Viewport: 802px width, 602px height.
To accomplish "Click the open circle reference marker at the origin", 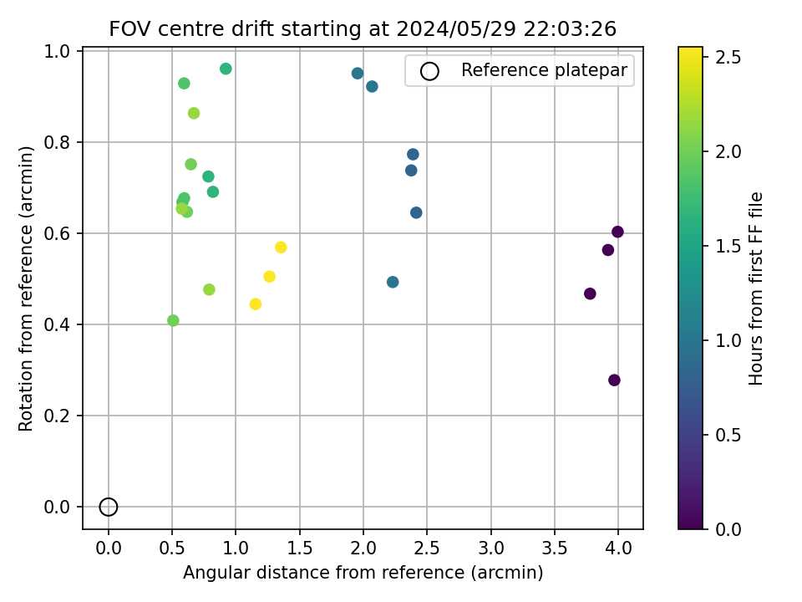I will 109,507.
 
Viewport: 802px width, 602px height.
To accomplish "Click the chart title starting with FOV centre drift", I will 363,29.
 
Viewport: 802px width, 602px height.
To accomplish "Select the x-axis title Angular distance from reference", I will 363,573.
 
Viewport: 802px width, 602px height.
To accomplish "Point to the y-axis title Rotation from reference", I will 26,288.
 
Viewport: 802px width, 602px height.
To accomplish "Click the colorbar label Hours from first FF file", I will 756,288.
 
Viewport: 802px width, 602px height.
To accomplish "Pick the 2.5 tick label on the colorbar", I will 728,57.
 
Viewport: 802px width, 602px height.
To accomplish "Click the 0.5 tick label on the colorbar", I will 728,435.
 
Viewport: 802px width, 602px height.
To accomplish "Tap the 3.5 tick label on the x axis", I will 555,549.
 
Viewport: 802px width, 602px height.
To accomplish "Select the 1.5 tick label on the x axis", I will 300,549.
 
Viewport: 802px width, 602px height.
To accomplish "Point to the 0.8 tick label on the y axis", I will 61,142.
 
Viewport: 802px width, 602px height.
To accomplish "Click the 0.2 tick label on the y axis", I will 61,416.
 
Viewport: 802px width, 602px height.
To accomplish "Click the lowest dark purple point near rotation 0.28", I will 614,380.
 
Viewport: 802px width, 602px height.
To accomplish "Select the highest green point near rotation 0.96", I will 226,69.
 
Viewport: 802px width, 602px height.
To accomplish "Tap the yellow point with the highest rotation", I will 281,247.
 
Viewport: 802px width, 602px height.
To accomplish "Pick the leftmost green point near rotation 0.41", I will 173,320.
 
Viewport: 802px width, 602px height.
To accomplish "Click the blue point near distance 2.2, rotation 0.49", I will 393,282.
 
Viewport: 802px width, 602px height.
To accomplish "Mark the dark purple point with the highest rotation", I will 617,232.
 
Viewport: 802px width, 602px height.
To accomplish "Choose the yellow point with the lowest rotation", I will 256,304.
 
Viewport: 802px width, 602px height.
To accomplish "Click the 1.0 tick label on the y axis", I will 61,51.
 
